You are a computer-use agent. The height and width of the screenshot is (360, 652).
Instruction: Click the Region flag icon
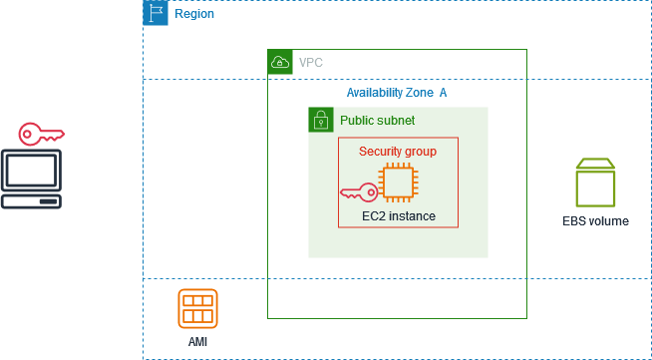coord(156,13)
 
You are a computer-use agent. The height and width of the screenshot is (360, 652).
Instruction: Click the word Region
coord(194,14)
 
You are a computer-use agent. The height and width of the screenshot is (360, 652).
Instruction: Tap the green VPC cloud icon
coord(280,62)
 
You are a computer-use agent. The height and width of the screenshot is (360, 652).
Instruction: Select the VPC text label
coord(311,62)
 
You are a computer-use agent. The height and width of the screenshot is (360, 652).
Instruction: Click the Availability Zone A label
coord(396,92)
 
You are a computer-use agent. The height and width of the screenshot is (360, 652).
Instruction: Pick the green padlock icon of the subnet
coord(320,120)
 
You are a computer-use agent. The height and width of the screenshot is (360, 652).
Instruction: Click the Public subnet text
coord(377,120)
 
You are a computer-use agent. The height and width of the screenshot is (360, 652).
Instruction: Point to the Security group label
coord(397,151)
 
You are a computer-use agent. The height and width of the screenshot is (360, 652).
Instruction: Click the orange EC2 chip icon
coord(397,184)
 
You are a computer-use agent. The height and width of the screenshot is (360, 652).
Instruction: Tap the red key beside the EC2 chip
coord(358,190)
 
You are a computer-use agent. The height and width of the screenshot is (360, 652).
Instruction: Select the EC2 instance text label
coord(398,215)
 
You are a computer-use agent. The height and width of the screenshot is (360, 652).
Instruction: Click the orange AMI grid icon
coord(197,308)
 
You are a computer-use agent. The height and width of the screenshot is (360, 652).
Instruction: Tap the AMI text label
coord(197,341)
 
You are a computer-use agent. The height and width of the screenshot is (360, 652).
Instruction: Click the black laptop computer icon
coord(31,179)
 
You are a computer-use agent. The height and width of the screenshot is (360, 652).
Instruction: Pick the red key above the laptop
coord(42,133)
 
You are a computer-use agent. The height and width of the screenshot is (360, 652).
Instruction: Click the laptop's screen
coord(31,171)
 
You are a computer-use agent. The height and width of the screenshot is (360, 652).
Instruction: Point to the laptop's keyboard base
coord(31,201)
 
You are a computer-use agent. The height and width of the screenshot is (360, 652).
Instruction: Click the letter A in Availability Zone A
coord(443,92)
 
